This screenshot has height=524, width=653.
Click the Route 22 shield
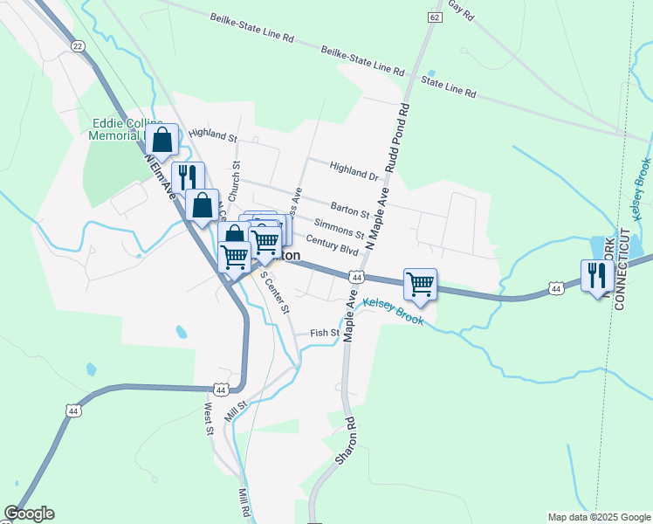[x=78, y=47]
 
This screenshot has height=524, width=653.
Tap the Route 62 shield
[x=434, y=17]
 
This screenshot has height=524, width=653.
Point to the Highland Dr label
[x=354, y=170]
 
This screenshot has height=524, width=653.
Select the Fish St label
[x=324, y=333]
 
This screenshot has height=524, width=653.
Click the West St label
[x=209, y=417]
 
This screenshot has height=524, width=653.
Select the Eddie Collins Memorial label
[x=117, y=129]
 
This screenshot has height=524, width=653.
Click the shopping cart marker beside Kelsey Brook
[x=420, y=284]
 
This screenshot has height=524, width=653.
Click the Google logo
[x=29, y=514]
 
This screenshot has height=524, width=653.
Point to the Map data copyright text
[x=597, y=517]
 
